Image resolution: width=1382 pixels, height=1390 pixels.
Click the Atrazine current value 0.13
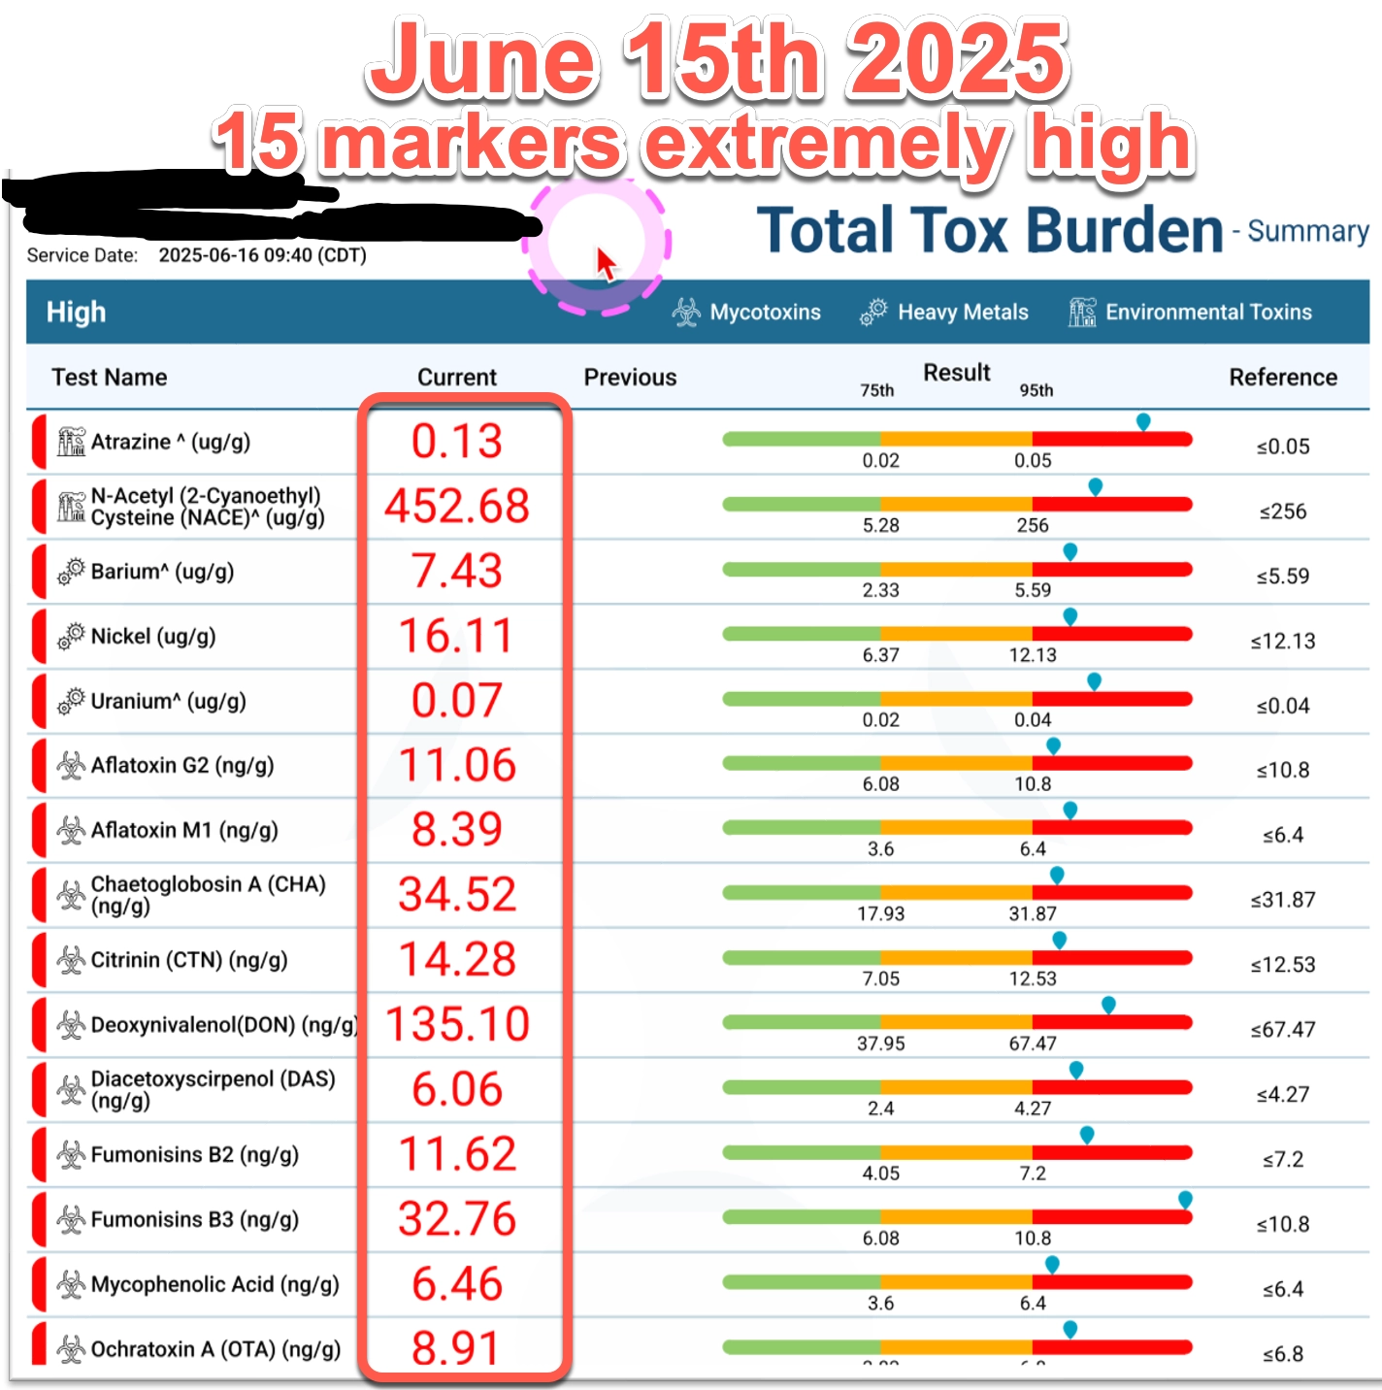click(457, 442)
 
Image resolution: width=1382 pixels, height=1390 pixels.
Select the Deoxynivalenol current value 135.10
click(457, 1024)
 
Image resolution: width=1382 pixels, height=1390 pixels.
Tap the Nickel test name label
click(152, 637)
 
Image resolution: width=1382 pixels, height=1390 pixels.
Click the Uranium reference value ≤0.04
click(1283, 706)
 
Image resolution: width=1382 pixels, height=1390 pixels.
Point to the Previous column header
click(630, 378)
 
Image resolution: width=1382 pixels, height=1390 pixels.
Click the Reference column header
click(1283, 378)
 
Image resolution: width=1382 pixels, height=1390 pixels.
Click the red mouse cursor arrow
click(605, 262)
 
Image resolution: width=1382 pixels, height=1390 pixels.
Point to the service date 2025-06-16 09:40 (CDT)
click(262, 255)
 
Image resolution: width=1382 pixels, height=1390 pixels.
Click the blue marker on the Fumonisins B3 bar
click(1185, 1201)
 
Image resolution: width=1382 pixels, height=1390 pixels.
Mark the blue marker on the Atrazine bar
click(1143, 421)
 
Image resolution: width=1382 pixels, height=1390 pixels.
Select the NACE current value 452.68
click(457, 506)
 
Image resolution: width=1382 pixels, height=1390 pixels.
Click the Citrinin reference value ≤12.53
click(1283, 965)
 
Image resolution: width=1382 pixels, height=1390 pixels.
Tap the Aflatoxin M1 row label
click(183, 831)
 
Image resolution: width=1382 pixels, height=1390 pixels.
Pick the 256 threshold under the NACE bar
click(1033, 525)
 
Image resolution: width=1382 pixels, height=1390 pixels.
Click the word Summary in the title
click(1308, 231)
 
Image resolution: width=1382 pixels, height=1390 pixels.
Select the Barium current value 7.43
click(457, 571)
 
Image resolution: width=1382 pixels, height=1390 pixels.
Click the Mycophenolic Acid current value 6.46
click(457, 1284)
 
